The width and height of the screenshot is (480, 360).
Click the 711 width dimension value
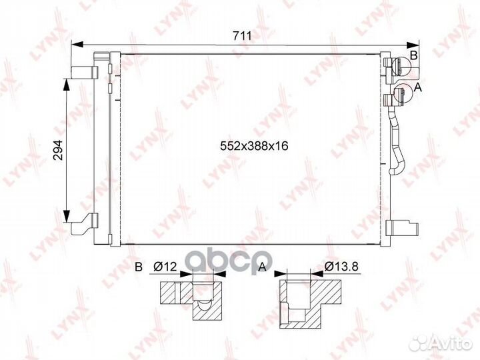point(242,36)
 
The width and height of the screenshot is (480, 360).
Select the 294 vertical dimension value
point(57,150)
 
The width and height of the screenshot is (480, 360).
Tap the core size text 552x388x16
point(254,146)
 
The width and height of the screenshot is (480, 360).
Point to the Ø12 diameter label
point(165,267)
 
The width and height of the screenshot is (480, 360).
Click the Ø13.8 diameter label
point(341,267)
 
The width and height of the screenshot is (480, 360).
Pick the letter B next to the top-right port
point(413,55)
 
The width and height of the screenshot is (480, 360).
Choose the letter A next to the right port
point(417,87)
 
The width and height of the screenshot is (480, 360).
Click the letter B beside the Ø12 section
point(139,267)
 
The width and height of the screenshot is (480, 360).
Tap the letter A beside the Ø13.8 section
point(263,267)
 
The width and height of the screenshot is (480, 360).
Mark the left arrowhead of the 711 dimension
point(77,45)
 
